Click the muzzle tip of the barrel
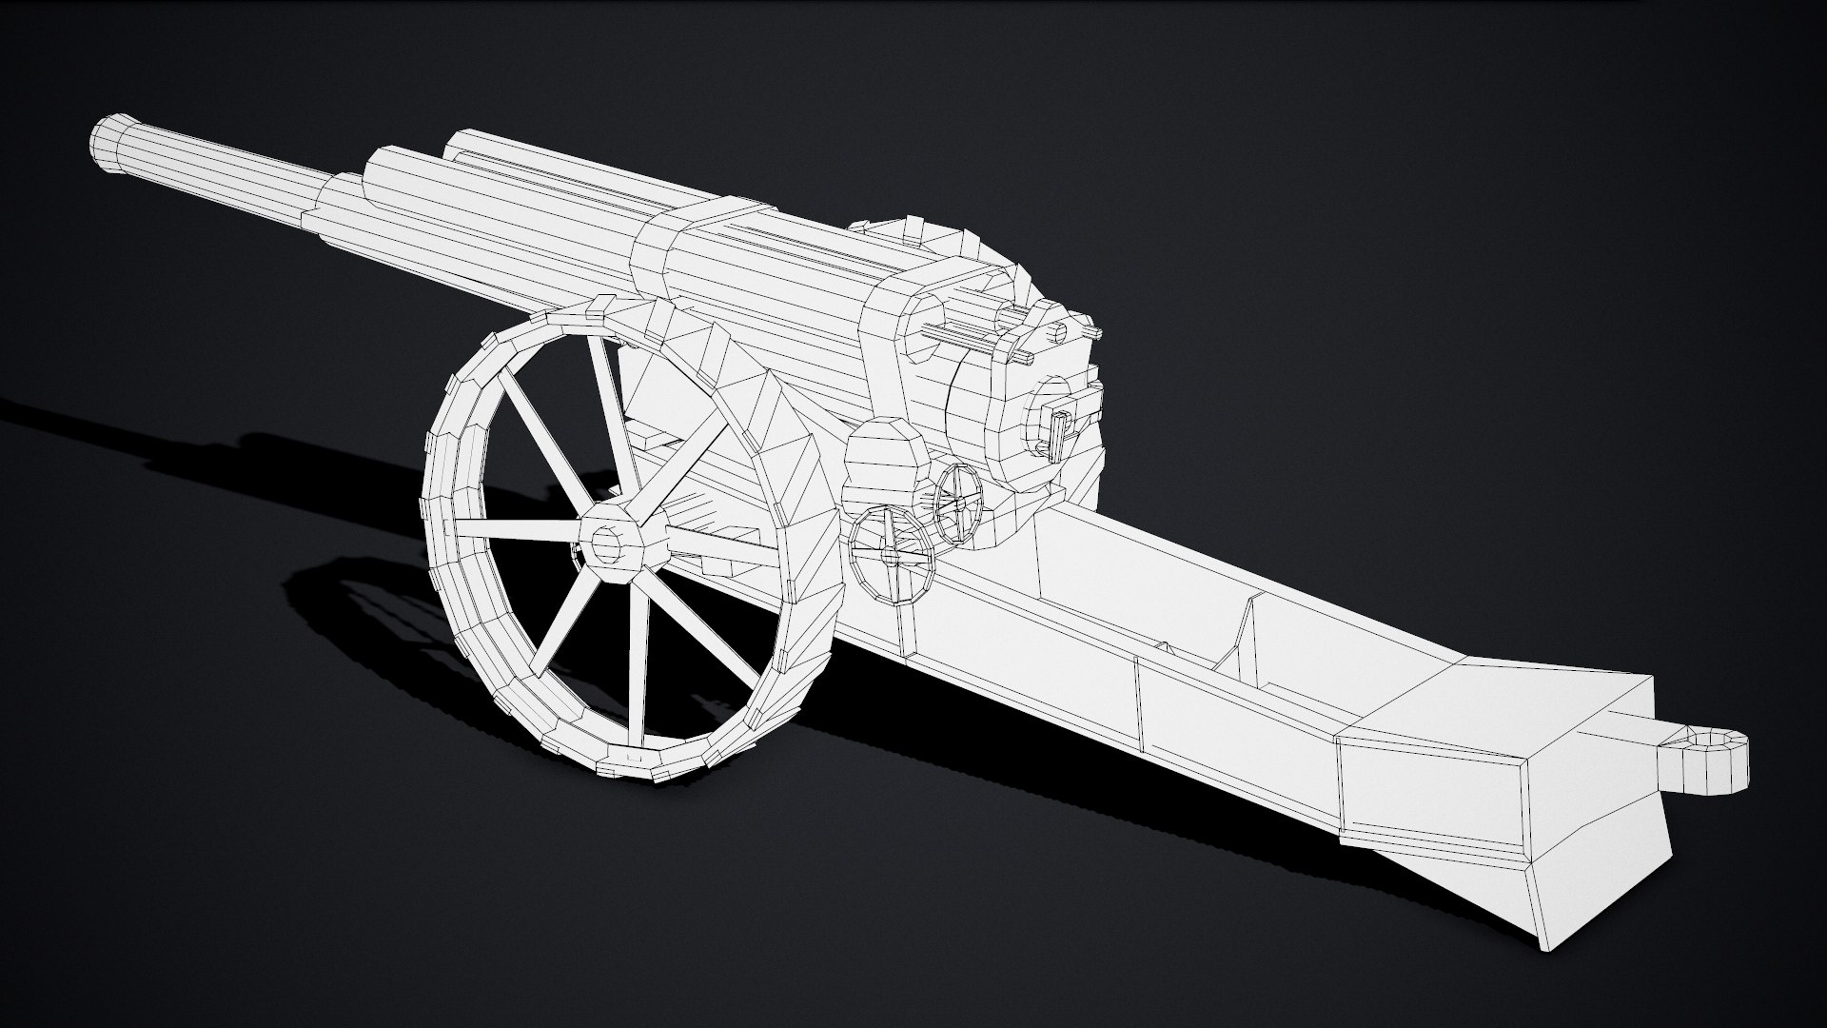(112, 145)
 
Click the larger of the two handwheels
(891, 555)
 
